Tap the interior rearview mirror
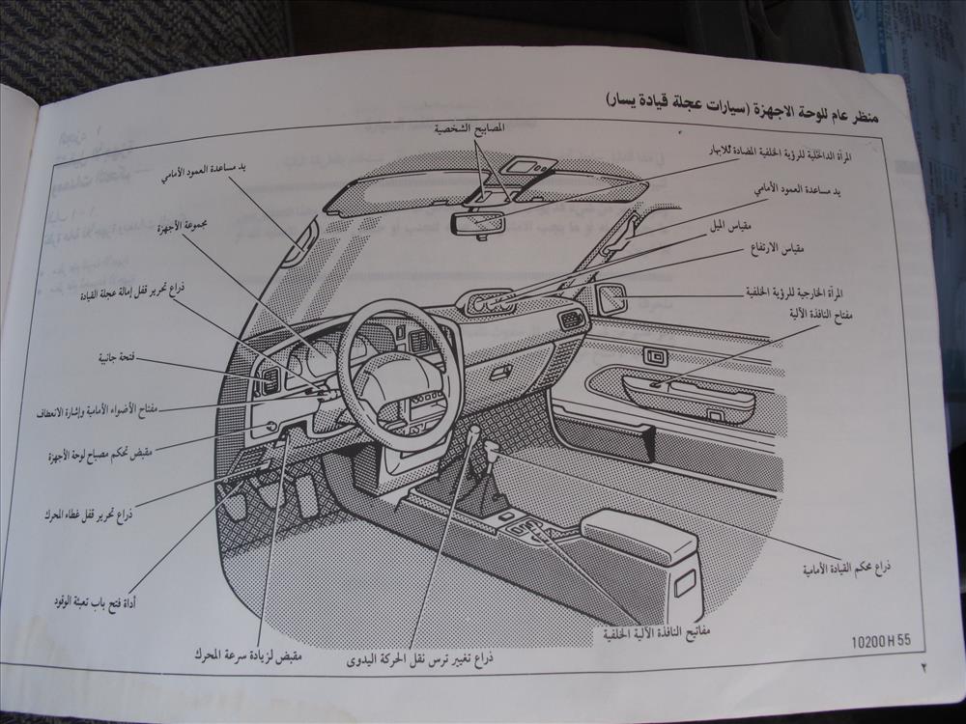point(478,223)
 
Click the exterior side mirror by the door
point(611,298)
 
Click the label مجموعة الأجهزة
point(194,227)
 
